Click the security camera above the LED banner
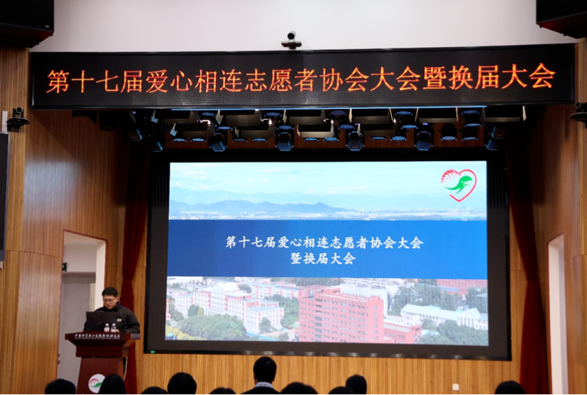[x=292, y=40]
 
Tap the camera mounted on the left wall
[x=16, y=119]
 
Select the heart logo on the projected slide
[x=459, y=184]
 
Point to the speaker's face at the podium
[x=110, y=297]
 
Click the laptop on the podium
[x=95, y=321]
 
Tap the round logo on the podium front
[x=97, y=383]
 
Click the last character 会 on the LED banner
[x=543, y=76]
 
